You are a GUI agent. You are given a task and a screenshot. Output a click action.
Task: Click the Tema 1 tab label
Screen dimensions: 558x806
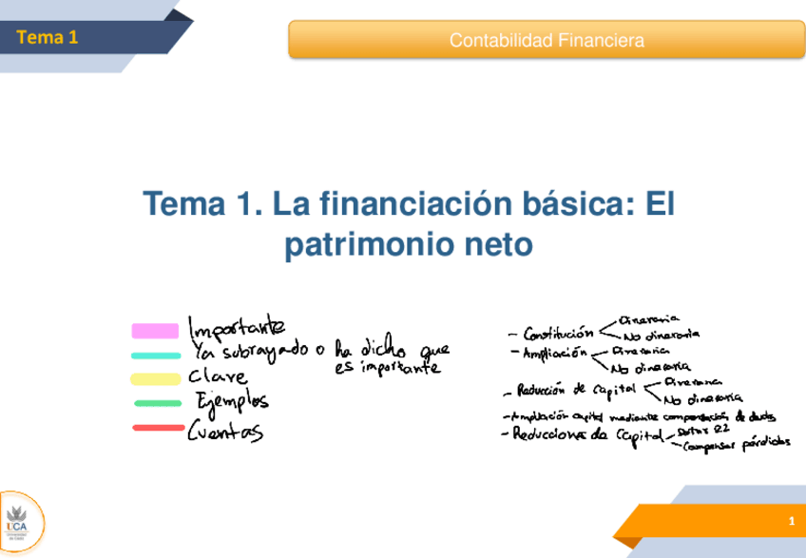coord(47,38)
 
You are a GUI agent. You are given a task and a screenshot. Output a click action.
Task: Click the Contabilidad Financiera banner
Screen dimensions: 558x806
coord(546,41)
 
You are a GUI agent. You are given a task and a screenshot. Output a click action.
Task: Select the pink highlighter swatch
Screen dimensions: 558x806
coord(155,331)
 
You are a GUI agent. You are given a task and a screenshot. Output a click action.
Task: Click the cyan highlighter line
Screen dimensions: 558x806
coord(156,356)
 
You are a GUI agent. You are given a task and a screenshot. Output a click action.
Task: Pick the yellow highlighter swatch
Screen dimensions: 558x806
coord(155,379)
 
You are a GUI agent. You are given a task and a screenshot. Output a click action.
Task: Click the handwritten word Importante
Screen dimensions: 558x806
coord(237,328)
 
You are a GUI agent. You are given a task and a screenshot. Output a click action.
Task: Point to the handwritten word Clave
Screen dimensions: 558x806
coord(219,376)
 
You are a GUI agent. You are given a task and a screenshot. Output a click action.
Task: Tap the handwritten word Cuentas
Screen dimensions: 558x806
coord(226,433)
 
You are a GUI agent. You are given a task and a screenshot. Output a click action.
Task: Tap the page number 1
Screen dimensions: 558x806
coord(791,524)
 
